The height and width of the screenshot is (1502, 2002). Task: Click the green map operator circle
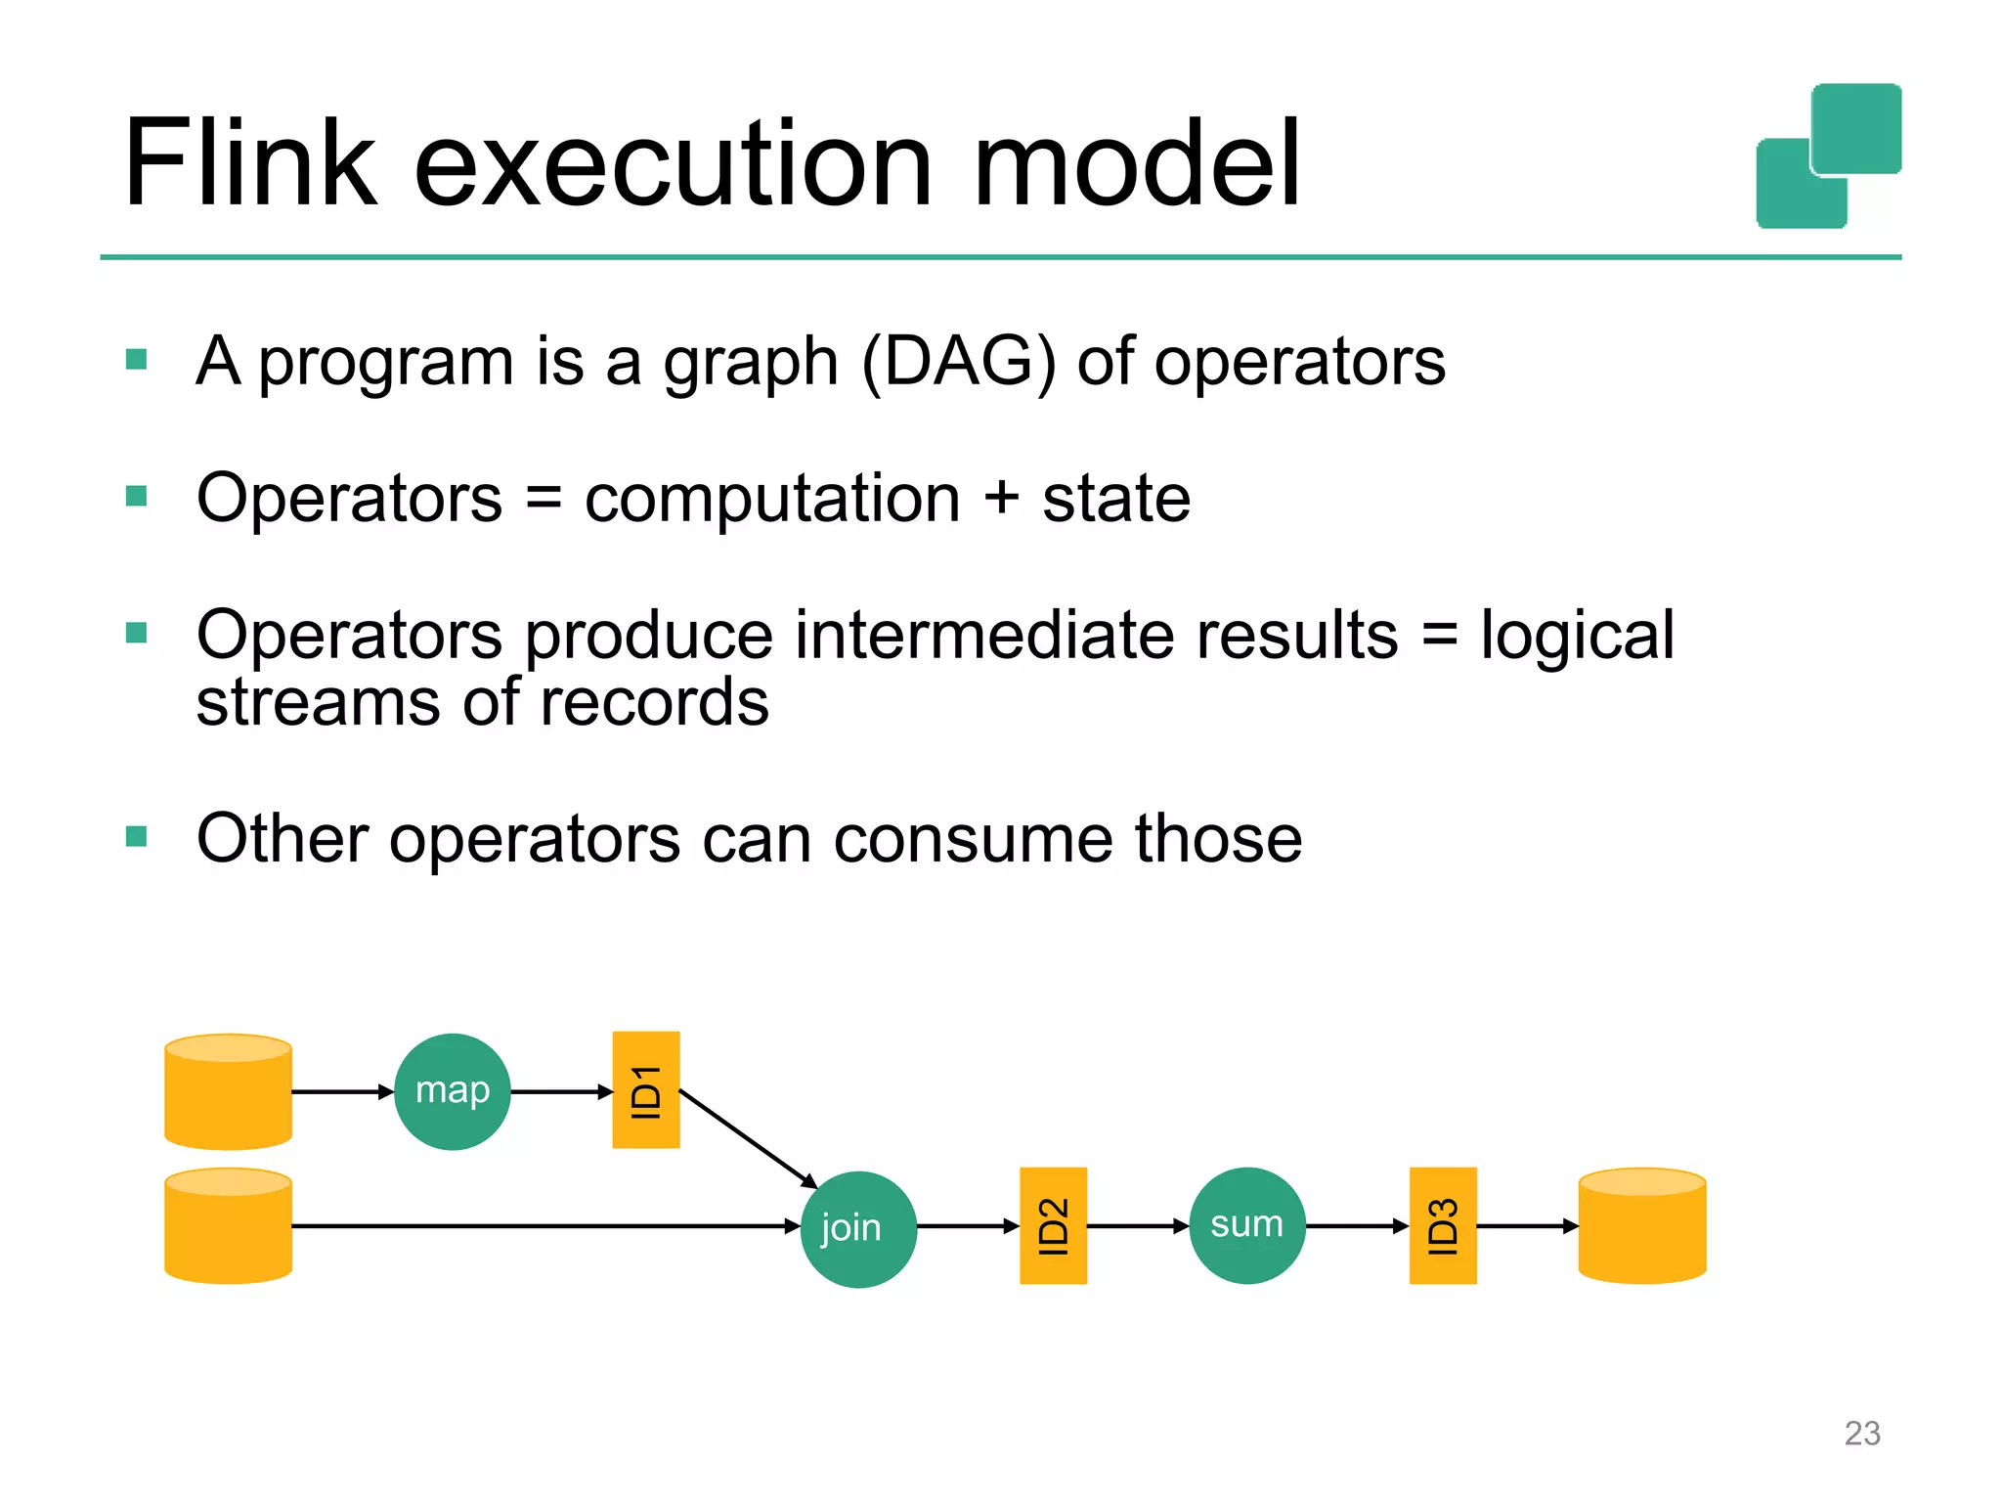[452, 1091]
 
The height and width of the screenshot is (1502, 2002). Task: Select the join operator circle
[857, 1229]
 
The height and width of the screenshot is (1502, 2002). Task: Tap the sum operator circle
[1246, 1225]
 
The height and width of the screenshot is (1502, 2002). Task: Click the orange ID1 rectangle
[645, 1089]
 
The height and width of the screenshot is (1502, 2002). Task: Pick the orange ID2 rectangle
[1053, 1225]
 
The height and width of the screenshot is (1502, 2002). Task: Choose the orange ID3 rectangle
[1442, 1225]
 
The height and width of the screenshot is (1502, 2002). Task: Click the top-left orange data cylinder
[228, 1092]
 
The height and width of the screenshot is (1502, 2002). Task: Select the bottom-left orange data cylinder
[228, 1226]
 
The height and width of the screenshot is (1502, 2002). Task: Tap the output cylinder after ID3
[1641, 1226]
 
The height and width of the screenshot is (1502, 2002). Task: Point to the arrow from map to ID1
[561, 1091]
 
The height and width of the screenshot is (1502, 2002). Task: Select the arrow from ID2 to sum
[1137, 1225]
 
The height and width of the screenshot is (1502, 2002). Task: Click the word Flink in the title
[249, 163]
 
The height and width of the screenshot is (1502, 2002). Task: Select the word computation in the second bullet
[772, 499]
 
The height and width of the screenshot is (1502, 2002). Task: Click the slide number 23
[1861, 1433]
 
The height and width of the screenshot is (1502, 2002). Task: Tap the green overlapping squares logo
[1828, 156]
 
